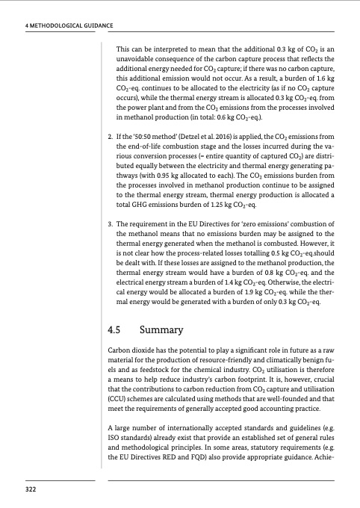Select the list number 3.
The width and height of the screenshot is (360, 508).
[x=111, y=245]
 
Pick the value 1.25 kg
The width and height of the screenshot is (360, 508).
[x=214, y=223]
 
